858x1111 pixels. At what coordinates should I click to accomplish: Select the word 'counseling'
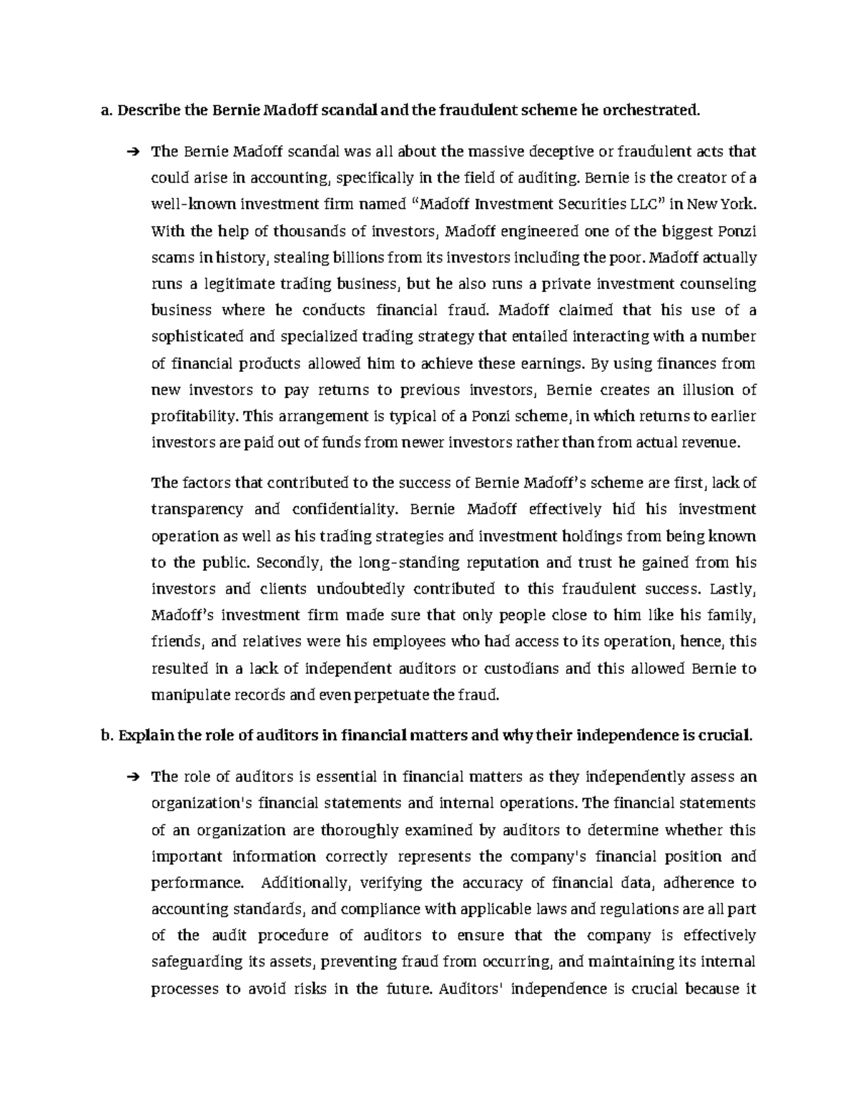click(x=719, y=284)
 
